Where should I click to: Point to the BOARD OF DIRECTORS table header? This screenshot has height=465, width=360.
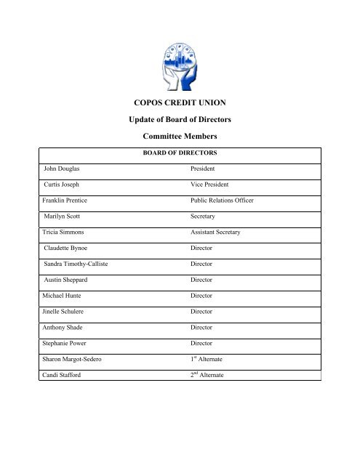pyautogui.click(x=180, y=154)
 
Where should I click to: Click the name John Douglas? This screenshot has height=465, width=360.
pyautogui.click(x=62, y=168)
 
